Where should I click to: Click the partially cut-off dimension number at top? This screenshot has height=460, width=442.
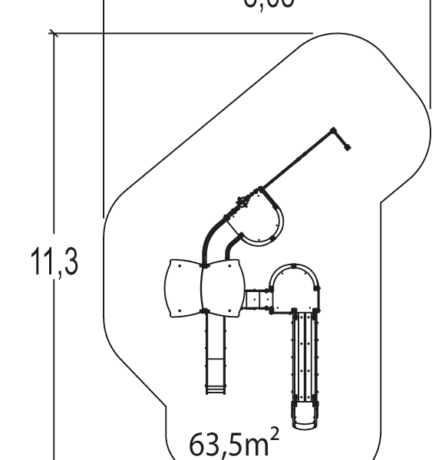coord(269,3)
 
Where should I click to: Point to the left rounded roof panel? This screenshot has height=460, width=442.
coord(183,287)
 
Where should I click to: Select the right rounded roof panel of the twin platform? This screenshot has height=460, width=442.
coord(223,287)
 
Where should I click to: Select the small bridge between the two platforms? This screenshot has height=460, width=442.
coord(256,299)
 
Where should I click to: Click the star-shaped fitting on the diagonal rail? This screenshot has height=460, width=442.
coord(243,203)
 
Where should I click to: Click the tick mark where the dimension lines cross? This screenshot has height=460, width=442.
coord(54,34)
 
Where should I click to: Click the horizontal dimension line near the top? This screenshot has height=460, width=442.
coord(184,34)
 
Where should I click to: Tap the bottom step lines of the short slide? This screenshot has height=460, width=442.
coord(215,390)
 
